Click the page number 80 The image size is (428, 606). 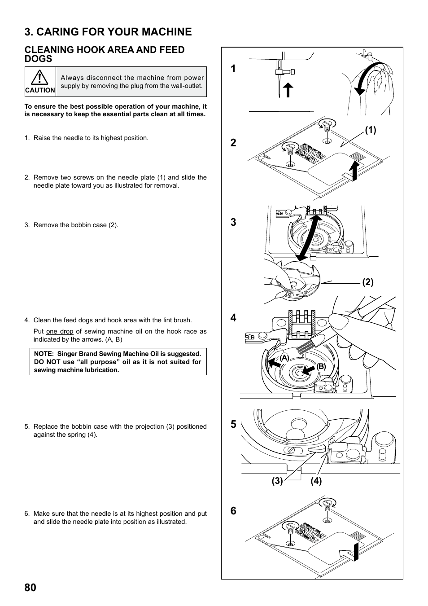(x=31, y=588)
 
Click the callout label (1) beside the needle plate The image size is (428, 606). (x=370, y=130)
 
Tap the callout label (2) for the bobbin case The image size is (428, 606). (x=368, y=282)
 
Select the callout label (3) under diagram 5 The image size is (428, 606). (x=277, y=481)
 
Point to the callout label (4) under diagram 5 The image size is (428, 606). (x=316, y=481)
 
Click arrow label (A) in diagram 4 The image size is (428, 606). (x=284, y=358)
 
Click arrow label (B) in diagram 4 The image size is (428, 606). (x=321, y=366)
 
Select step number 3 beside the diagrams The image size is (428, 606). (x=233, y=222)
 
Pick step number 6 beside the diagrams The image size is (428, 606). (x=233, y=511)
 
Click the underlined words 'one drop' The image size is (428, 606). (x=59, y=331)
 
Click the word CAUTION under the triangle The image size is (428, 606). (x=40, y=90)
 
